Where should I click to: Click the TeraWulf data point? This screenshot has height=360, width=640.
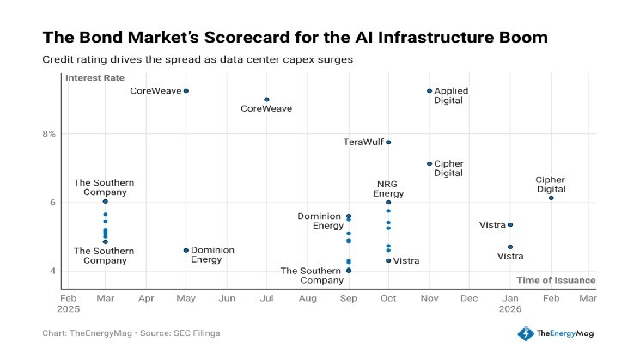point(388,143)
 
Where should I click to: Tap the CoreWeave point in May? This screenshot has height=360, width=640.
point(186,91)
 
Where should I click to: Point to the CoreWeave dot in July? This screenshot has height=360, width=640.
point(266,100)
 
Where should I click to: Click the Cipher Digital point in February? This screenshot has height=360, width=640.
point(551,198)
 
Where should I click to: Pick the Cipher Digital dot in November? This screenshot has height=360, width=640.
point(429,164)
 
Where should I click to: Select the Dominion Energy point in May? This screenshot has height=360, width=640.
point(186,250)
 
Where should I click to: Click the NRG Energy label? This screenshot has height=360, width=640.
point(388,189)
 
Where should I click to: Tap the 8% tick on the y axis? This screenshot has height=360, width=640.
point(50,134)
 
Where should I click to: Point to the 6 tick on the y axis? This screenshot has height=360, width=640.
point(52,203)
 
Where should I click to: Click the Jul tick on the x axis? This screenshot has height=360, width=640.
point(267,297)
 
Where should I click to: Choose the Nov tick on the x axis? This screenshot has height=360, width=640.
point(429,297)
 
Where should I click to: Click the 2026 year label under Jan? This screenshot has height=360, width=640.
point(509,308)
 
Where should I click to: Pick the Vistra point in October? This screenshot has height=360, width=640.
point(388,260)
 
